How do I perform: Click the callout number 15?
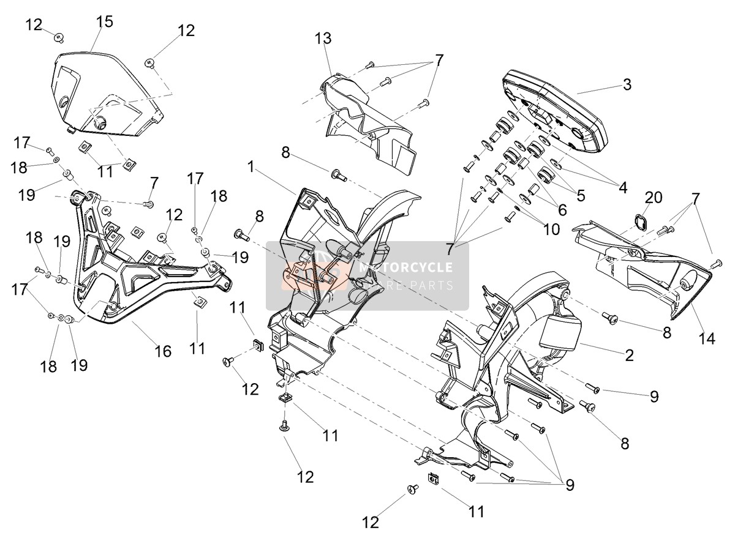[x=105, y=21]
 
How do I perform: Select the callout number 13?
[x=323, y=38]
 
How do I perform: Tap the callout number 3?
[x=627, y=84]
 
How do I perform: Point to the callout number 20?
[x=653, y=198]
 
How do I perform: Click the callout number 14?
[x=706, y=338]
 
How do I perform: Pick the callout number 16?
[x=163, y=351]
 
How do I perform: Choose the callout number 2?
[x=629, y=356]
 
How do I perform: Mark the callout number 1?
[x=251, y=166]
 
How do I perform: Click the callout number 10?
[x=551, y=229]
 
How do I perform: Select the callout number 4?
[x=623, y=188]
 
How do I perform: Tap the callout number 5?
[x=580, y=195]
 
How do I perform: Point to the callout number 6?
[x=562, y=210]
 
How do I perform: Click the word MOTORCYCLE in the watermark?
[x=405, y=267]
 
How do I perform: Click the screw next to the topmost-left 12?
[x=59, y=37]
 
